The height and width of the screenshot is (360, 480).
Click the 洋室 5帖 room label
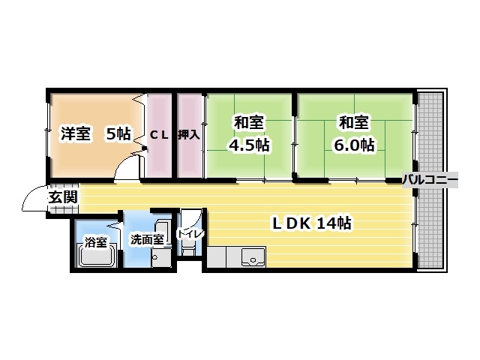pos(94,135)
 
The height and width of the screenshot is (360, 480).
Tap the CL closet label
pos(158,135)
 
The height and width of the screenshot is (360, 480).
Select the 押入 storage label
pos(188,135)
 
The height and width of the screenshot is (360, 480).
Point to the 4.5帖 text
pos(250,145)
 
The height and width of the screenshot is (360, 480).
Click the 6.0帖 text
pos(355,145)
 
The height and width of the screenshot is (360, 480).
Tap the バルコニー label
pos(430,179)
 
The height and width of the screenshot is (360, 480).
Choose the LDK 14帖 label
pos(312,223)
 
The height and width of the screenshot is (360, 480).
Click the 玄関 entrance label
pos(62,197)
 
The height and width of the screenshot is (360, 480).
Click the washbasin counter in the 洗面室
pos(161,244)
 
